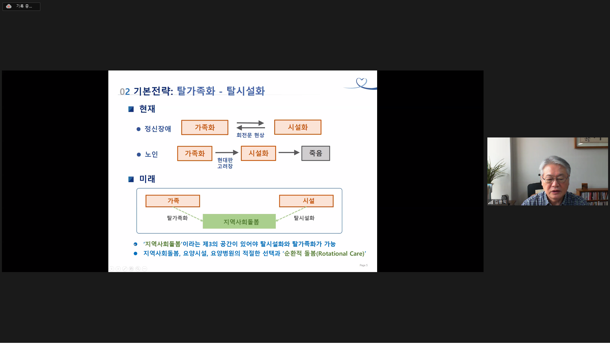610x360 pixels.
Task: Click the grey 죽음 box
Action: (315, 153)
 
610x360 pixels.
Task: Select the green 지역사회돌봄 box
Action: (239, 221)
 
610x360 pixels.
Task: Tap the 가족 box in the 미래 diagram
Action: (173, 201)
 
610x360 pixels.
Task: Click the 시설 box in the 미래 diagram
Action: (306, 201)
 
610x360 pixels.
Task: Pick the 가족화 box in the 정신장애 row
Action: (205, 127)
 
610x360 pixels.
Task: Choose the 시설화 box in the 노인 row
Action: (258, 153)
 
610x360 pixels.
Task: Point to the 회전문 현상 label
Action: (250, 135)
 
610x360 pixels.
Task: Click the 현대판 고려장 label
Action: (225, 163)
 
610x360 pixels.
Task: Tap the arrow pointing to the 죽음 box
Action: (289, 153)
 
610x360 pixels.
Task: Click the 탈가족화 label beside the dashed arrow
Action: (177, 218)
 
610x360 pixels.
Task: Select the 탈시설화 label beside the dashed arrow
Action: (304, 218)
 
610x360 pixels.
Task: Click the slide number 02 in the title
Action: (125, 92)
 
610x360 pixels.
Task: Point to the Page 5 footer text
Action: (363, 265)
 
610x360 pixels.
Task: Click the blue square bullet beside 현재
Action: (131, 109)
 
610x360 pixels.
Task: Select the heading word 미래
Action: (147, 179)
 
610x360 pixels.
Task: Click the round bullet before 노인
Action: (139, 155)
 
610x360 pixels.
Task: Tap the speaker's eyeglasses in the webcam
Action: (555, 178)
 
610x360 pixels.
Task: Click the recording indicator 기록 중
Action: (21, 6)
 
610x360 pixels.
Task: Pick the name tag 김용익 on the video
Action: (500, 202)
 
